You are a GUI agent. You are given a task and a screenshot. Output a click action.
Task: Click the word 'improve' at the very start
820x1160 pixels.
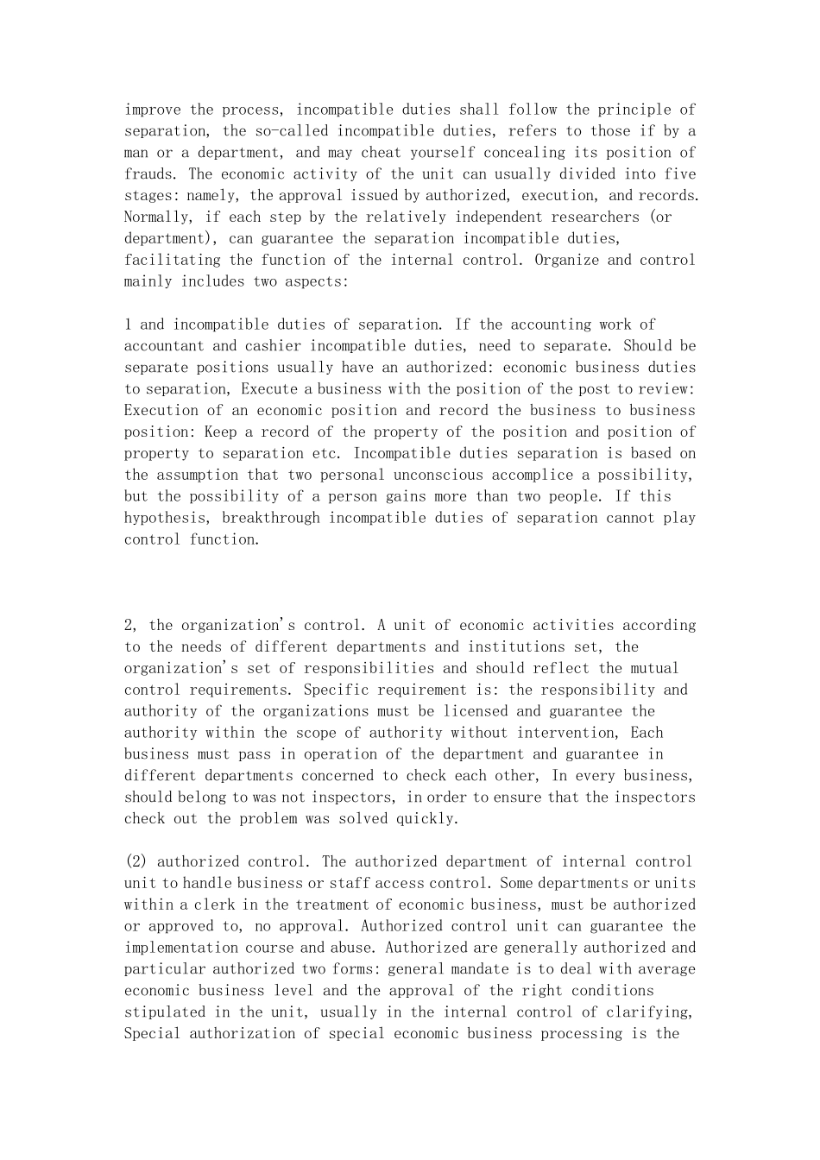point(153,110)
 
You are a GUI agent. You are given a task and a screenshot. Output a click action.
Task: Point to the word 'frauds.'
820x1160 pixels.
point(149,174)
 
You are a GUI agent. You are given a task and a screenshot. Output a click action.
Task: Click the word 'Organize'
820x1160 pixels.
point(567,260)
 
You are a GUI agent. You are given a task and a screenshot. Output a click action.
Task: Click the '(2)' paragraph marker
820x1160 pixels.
point(136,861)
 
